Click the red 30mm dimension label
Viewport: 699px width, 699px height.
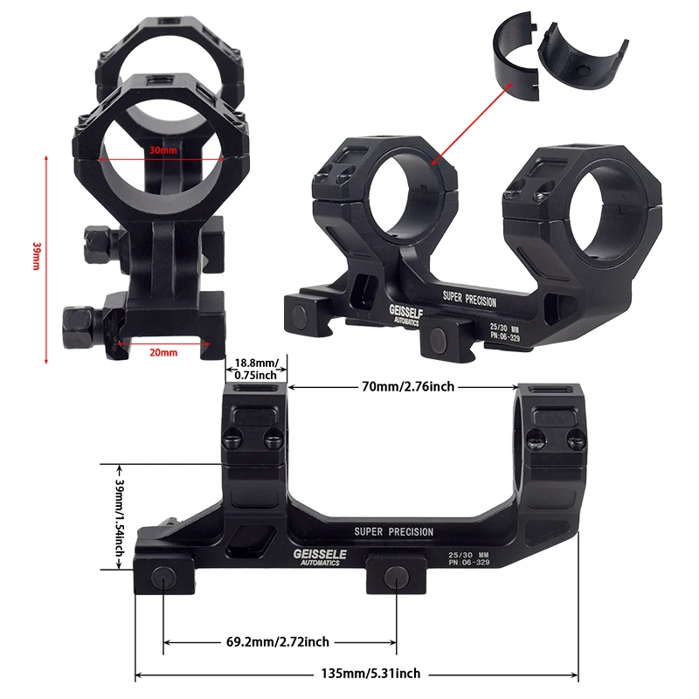pos(163,150)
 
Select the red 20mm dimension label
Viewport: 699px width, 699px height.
pos(163,352)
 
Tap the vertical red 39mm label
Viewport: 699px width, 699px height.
pos(36,255)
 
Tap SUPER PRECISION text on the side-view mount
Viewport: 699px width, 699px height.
pos(393,531)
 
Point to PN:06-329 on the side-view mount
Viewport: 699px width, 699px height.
pos(464,563)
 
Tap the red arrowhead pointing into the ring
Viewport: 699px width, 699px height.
pos(433,161)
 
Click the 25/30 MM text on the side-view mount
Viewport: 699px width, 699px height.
pos(464,554)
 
